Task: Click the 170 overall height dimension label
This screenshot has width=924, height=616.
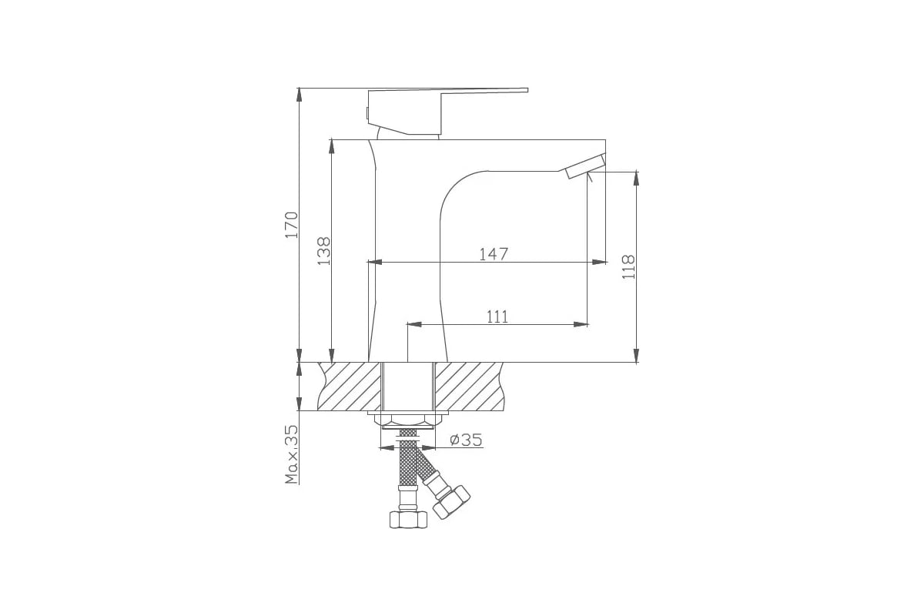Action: (291, 223)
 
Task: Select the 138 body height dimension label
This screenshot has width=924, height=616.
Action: (324, 251)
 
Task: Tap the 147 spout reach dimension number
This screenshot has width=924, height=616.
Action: (493, 253)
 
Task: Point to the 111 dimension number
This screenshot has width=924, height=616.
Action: (497, 316)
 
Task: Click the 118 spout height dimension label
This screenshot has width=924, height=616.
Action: (628, 266)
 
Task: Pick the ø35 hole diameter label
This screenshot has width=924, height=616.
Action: (466, 440)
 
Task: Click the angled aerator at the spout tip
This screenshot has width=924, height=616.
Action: (585, 166)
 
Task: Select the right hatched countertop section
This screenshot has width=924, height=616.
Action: (470, 386)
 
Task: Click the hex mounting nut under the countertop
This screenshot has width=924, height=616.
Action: (408, 421)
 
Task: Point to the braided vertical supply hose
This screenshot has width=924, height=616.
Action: (408, 462)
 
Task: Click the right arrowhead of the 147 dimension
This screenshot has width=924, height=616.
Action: (599, 263)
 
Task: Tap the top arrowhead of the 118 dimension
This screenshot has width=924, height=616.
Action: (636, 178)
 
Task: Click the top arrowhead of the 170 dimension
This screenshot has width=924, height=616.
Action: (299, 95)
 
